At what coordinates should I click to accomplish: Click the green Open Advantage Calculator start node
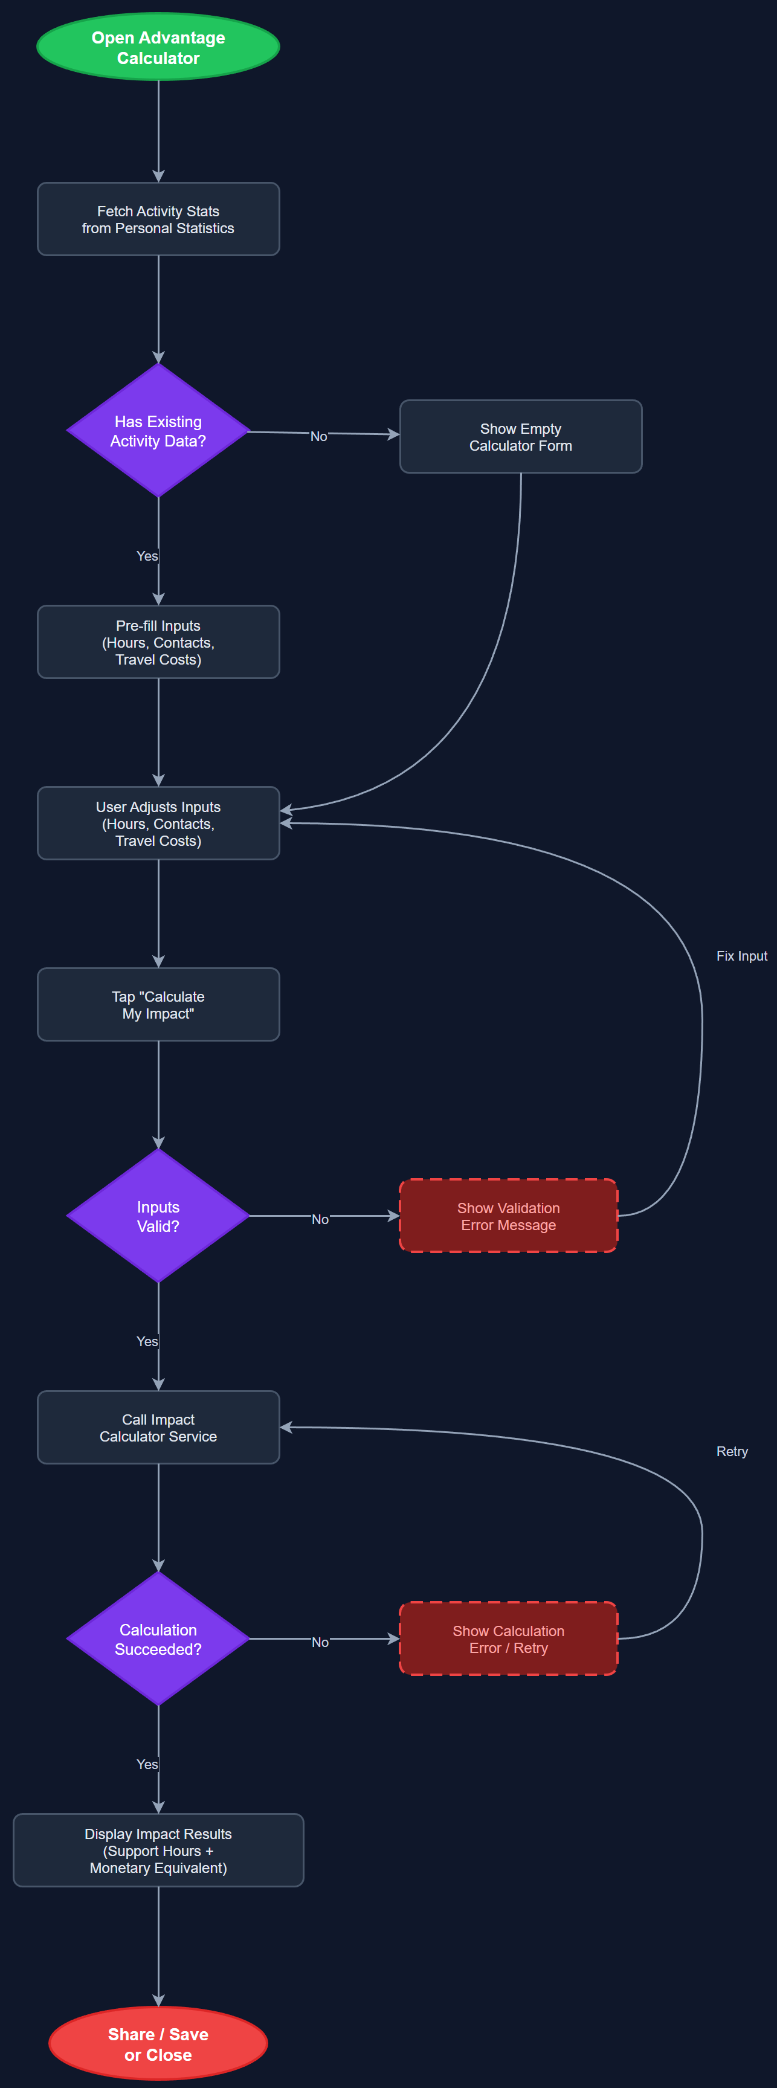(x=158, y=47)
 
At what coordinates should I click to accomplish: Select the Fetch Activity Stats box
(x=158, y=219)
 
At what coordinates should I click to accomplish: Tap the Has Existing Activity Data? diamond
(x=158, y=430)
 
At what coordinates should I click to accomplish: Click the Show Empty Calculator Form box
(x=520, y=436)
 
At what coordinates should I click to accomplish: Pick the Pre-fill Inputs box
(x=158, y=642)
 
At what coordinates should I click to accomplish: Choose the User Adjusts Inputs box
(x=158, y=823)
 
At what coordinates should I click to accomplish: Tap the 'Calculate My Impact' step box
(x=158, y=1004)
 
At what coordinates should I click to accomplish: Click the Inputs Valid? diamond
(x=158, y=1216)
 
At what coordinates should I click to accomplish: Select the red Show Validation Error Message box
(x=508, y=1216)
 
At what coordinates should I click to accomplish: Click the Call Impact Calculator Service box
(x=158, y=1428)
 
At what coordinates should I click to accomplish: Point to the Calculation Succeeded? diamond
(x=158, y=1639)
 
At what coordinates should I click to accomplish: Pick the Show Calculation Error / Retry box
(x=508, y=1639)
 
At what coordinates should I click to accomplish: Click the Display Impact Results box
(x=158, y=1851)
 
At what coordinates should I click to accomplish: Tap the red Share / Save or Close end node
(x=158, y=2043)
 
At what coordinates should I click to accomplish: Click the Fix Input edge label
(x=741, y=956)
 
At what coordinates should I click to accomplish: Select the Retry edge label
(x=732, y=1451)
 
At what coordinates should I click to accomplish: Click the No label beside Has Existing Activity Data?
(x=318, y=436)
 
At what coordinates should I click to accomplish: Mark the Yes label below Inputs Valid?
(x=147, y=1341)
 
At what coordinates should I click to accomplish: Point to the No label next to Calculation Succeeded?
(x=320, y=1642)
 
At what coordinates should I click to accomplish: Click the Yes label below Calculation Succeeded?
(x=147, y=1764)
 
